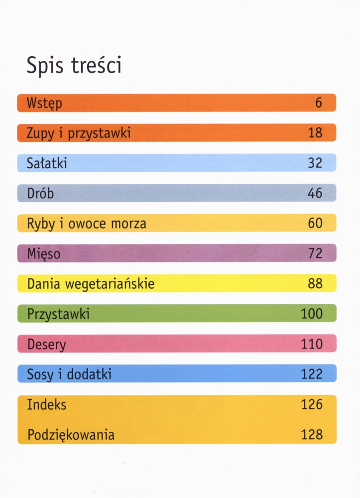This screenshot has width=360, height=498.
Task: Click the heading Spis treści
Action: [x=74, y=66]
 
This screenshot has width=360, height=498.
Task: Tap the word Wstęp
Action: [x=45, y=104]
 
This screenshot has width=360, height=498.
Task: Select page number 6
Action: [x=319, y=103]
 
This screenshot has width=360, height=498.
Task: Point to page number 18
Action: [x=315, y=133]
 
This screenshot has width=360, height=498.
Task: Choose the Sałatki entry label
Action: [x=47, y=163]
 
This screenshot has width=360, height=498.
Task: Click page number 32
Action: [x=315, y=163]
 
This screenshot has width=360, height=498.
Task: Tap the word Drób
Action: [x=40, y=193]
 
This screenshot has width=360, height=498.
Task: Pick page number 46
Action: [x=315, y=193]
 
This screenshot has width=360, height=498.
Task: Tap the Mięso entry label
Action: [x=44, y=254]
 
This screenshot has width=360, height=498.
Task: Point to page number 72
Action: [x=315, y=253]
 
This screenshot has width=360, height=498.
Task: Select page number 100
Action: [x=312, y=314]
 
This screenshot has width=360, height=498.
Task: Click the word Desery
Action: [x=47, y=345]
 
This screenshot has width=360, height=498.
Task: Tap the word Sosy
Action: [x=40, y=374]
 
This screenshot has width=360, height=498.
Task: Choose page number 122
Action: [x=312, y=374]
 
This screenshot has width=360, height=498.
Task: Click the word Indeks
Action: [x=47, y=404]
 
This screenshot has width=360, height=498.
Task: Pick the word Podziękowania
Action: [x=71, y=435]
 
